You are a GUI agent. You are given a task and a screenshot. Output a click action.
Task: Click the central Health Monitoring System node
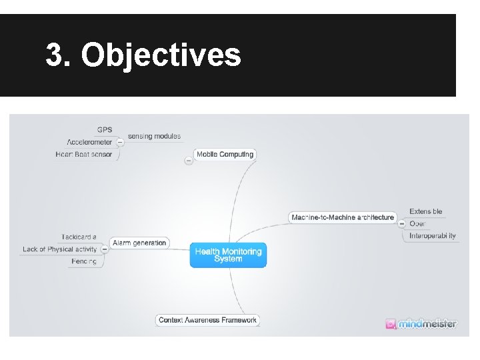point(228,255)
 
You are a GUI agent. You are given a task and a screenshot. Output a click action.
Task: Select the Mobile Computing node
point(225,154)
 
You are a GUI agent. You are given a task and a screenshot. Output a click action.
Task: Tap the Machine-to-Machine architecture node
point(343,217)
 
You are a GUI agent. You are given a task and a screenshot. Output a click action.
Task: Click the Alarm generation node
point(139,243)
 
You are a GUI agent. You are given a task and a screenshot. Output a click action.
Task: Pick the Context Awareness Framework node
point(207,320)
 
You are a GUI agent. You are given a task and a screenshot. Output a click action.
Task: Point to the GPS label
point(105,129)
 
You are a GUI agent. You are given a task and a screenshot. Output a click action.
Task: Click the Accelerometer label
point(89,142)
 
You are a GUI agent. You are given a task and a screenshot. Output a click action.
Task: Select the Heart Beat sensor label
point(84,155)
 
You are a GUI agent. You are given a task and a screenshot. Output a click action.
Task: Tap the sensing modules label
point(154,136)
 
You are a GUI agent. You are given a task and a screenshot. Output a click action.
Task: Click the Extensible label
point(425,211)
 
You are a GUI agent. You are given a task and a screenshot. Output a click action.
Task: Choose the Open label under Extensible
point(417,223)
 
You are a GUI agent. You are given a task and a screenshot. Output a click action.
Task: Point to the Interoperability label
point(433,235)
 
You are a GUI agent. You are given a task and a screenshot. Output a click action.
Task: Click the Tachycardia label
point(79,237)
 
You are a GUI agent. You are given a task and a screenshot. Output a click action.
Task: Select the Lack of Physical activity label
point(59,249)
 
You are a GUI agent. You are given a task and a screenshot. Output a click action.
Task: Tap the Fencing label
point(84,261)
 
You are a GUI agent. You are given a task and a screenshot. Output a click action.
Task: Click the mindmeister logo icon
point(391,324)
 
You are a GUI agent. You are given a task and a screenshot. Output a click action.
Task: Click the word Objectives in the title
point(161,55)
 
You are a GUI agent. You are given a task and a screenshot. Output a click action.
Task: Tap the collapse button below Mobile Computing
point(189,161)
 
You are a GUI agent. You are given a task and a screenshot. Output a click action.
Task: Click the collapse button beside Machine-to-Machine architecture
point(401,224)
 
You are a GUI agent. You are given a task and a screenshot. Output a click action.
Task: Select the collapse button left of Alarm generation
point(105,249)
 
